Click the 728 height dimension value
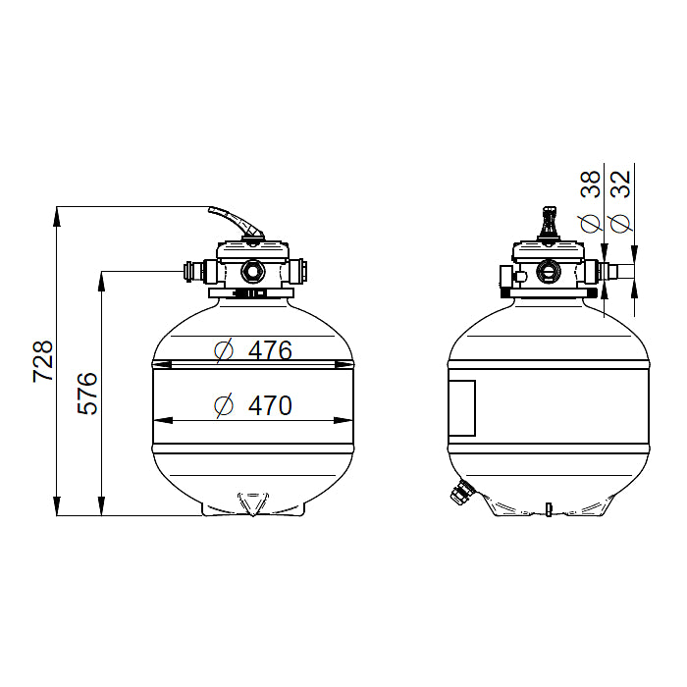(43, 360)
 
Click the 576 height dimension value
(87, 393)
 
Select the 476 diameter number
(270, 350)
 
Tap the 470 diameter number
(270, 405)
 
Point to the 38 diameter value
(590, 185)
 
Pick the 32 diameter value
(621, 185)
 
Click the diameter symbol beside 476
(224, 351)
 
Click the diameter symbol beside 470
(224, 405)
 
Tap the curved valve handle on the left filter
(237, 222)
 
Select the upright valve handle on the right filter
(549, 224)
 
